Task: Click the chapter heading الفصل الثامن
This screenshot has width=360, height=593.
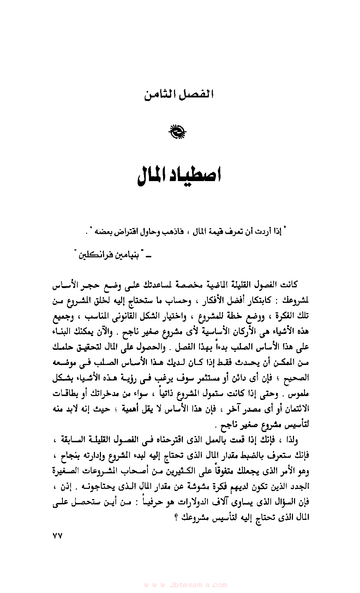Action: tap(179, 95)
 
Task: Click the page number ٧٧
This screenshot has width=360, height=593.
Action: tap(57, 536)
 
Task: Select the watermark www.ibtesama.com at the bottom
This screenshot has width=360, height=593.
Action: tap(186, 585)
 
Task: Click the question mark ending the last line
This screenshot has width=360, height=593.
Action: tap(176, 518)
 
